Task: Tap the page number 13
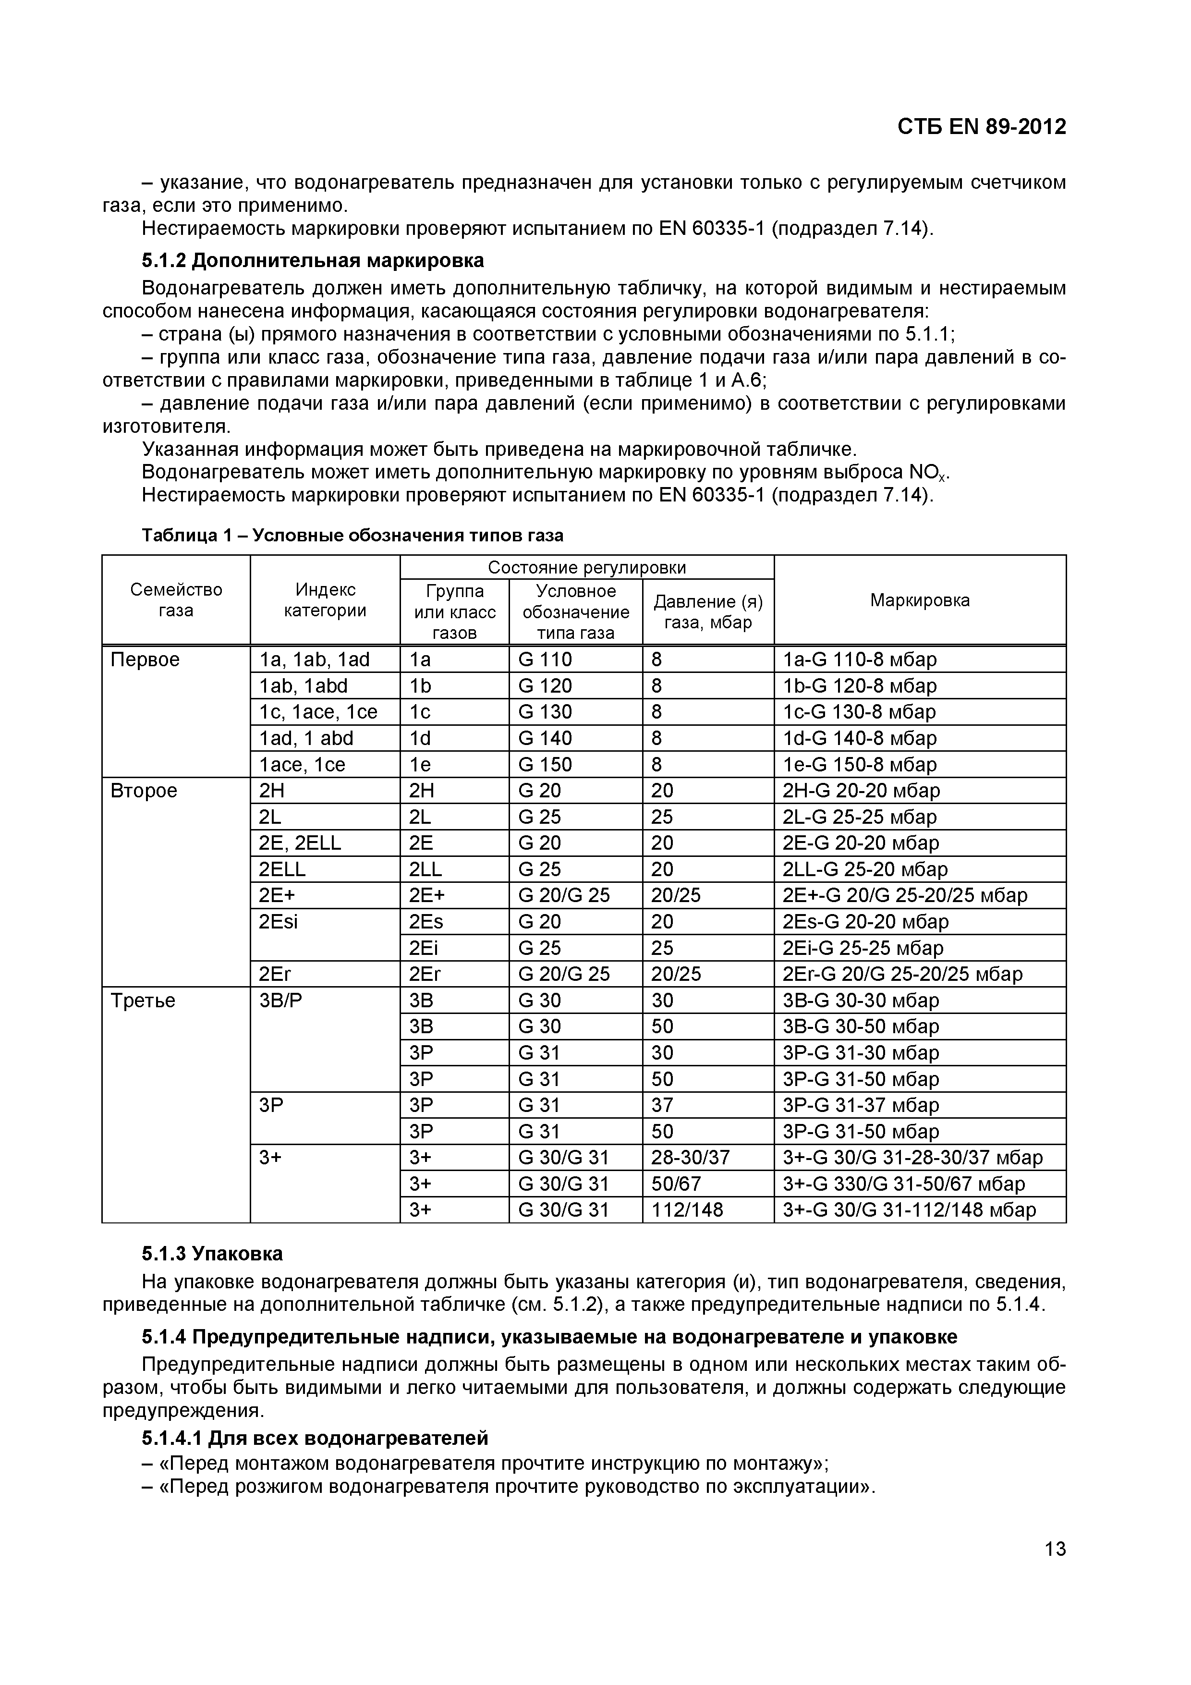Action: [x=1055, y=1549]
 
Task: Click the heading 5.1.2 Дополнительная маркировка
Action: [x=313, y=260]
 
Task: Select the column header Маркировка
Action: [x=920, y=600]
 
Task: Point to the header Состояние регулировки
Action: [x=586, y=567]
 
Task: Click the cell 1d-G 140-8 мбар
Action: [x=859, y=738]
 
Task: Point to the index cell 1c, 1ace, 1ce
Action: [x=318, y=712]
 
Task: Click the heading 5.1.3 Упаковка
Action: [x=212, y=1254]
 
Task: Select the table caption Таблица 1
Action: [x=352, y=536]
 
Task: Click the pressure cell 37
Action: [x=662, y=1105]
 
